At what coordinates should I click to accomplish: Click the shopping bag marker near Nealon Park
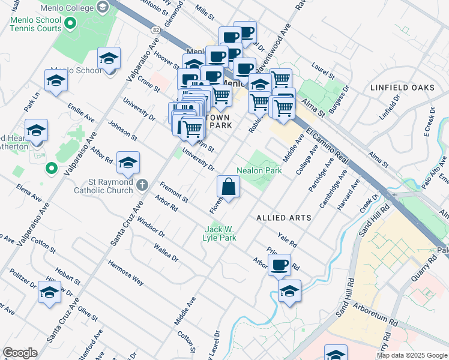228,187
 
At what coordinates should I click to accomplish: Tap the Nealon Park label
259,170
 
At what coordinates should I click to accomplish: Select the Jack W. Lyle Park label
220,233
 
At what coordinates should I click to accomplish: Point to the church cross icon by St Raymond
142,185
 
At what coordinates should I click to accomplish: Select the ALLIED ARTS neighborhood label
284,217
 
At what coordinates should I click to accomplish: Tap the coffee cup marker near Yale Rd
279,265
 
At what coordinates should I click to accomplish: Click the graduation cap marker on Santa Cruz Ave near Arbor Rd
128,163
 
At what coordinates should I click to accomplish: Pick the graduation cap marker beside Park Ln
56,80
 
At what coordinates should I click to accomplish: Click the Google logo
20,353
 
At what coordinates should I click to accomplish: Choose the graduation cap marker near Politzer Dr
49,292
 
